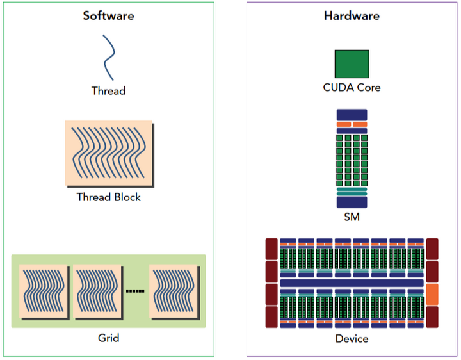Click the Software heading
[108, 15]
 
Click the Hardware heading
[352, 15]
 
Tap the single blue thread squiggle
[109, 58]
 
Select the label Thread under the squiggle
[108, 91]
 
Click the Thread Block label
[108, 197]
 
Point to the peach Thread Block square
[108, 152]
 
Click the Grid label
[108, 338]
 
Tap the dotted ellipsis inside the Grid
[135, 291]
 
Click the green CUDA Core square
[352, 64]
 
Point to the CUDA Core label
[352, 87]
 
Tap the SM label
[352, 218]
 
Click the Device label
[352, 338]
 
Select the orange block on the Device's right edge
[432, 294]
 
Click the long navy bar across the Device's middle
[352, 282]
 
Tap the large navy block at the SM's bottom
[352, 202]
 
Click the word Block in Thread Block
[126, 197]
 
